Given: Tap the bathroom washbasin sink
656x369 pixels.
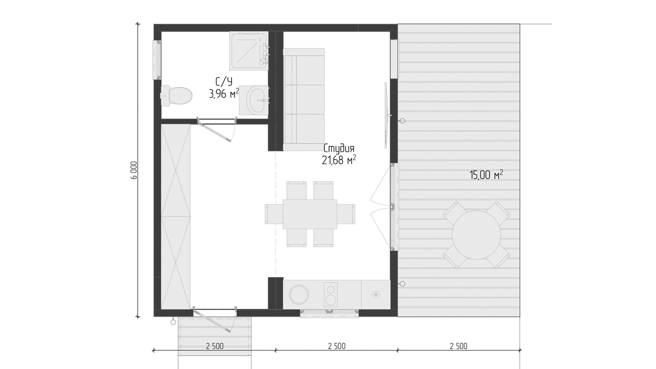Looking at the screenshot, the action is point(258,100).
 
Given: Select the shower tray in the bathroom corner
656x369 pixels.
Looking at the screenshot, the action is point(249,51).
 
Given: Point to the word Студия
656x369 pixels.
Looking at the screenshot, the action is point(339,149).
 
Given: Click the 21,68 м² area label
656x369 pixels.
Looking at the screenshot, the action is point(339,160).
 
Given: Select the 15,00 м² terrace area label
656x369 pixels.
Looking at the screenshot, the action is point(486,175).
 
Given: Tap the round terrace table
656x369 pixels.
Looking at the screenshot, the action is point(476,235).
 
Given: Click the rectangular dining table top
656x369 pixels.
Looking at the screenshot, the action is point(310,214).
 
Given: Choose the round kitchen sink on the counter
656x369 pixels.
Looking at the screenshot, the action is point(298,294).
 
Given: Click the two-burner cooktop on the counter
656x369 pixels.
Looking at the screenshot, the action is point(331,295).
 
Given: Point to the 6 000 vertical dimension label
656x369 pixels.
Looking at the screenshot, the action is point(134,170).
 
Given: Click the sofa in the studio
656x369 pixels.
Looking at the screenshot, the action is point(304,99).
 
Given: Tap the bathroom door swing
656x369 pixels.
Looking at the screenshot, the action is point(216,130).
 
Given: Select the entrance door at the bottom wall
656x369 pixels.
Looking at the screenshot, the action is point(215,319).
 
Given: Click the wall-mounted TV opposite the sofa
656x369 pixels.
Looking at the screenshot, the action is point(386,115).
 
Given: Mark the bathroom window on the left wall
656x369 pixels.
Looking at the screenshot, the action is point(157,60).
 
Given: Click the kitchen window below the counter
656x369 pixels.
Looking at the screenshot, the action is point(330,313).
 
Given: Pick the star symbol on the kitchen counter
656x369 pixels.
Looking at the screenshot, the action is point(376,295).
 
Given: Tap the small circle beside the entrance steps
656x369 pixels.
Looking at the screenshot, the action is point(173,323).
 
